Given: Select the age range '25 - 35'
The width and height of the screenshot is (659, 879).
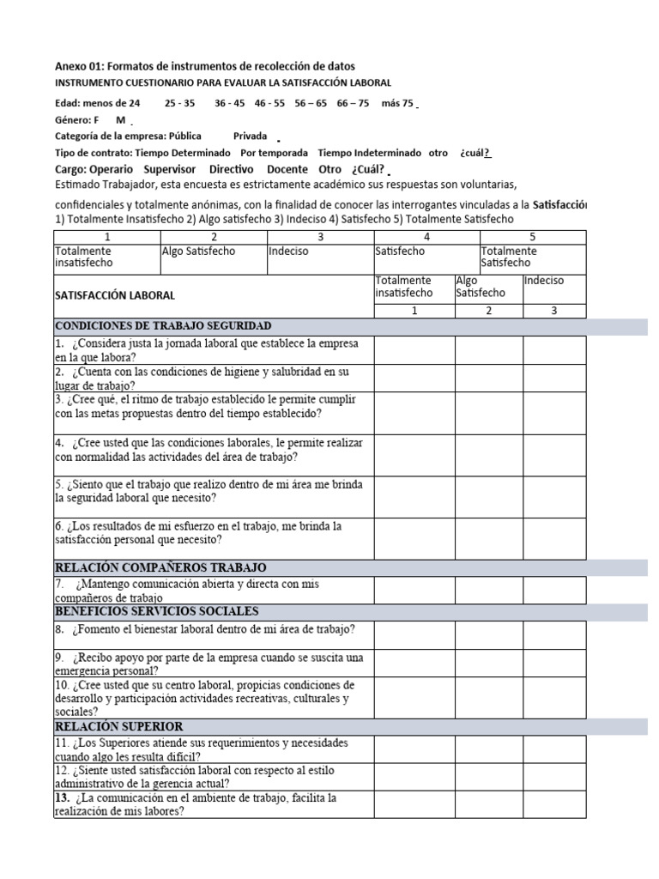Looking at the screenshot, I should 179,103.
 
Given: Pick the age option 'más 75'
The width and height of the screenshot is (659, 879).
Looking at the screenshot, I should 397,103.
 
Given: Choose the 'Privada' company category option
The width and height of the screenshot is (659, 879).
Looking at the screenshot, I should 250,136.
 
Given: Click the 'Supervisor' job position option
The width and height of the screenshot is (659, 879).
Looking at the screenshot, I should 170,169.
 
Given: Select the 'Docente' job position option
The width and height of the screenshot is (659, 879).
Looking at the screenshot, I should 287,169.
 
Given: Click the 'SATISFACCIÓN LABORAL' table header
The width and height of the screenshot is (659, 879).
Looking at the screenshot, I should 115,294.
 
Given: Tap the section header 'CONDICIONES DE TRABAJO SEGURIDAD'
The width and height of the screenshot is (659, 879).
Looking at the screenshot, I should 163,326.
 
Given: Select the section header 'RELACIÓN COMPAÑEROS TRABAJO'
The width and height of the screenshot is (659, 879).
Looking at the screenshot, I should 160,567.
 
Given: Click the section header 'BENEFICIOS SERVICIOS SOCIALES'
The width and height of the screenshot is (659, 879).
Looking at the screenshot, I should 157,611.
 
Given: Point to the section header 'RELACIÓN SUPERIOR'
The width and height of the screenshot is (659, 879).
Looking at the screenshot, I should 118,726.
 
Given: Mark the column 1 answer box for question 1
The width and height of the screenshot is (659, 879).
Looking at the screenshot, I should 414,349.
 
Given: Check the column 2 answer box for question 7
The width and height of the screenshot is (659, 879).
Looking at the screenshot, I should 489,590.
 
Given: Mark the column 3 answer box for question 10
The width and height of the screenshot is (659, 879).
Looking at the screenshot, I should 554,698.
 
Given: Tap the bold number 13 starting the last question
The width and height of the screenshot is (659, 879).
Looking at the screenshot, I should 62,798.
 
